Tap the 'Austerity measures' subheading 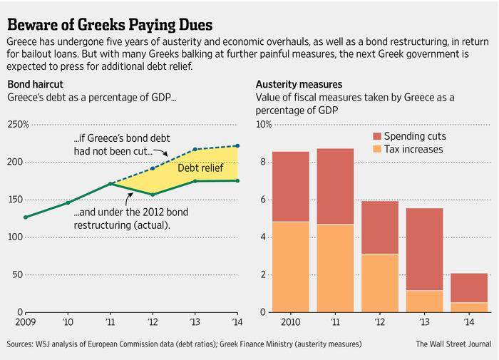point(294,84)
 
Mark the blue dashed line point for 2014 point(237,146)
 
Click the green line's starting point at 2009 point(26,217)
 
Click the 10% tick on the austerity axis point(264,125)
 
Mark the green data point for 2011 point(110,184)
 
